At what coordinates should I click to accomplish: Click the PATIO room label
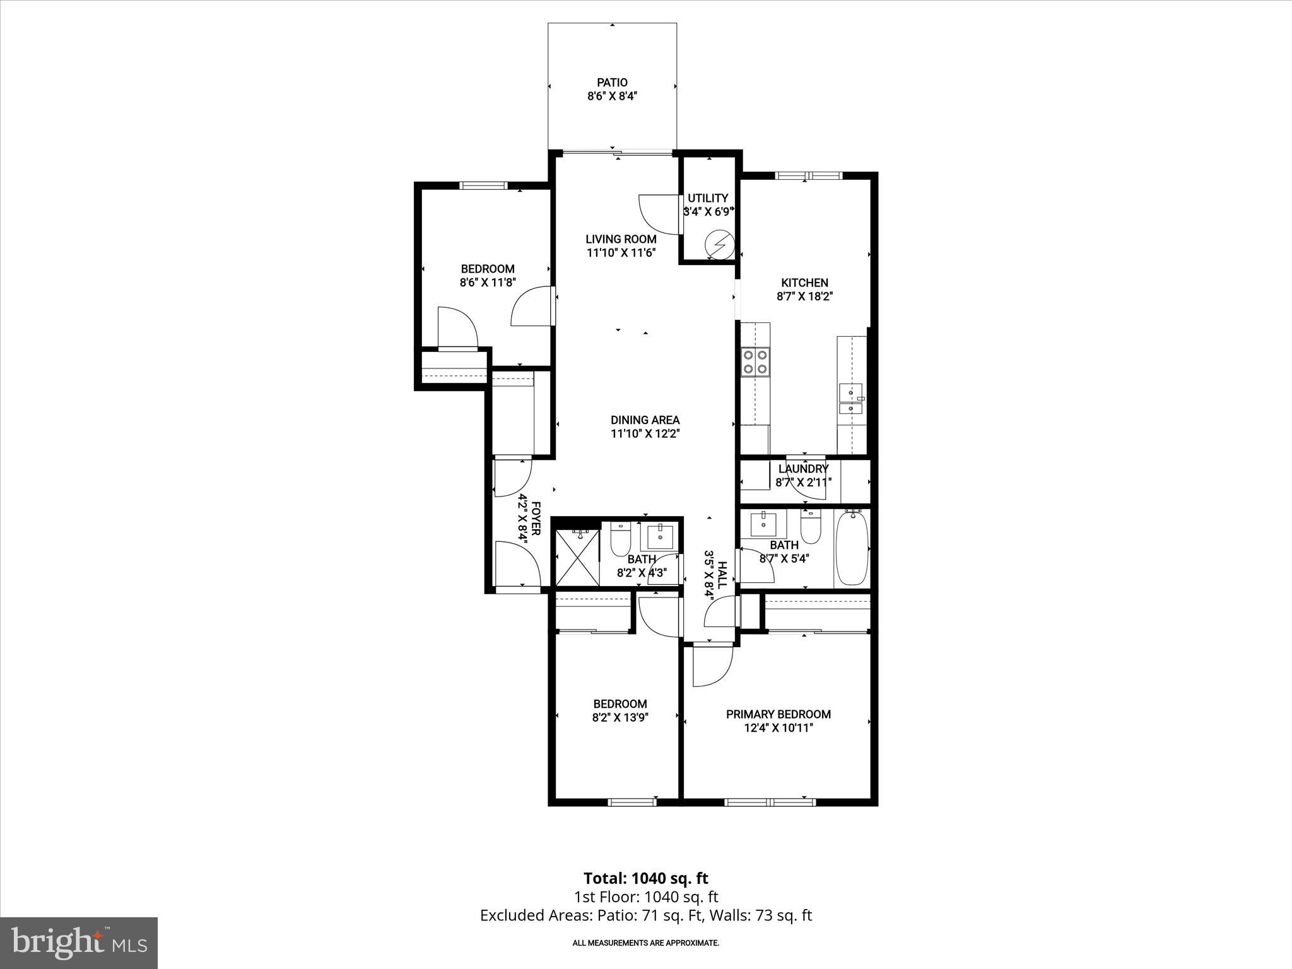click(612, 83)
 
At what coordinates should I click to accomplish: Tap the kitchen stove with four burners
click(755, 361)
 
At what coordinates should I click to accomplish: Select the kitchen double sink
click(851, 401)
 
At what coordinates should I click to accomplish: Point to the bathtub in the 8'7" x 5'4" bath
click(852, 549)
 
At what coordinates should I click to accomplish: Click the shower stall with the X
click(577, 558)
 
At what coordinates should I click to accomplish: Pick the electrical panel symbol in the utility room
click(719, 244)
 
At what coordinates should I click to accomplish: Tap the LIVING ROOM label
click(621, 239)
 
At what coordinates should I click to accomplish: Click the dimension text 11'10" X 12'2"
click(645, 434)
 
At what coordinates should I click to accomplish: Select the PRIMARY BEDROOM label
click(778, 714)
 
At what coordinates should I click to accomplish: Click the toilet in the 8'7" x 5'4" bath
click(810, 527)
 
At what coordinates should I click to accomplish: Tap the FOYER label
click(536, 519)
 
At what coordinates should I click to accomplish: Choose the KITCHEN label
click(804, 283)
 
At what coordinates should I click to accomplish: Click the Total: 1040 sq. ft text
click(645, 878)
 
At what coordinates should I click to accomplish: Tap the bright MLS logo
click(79, 943)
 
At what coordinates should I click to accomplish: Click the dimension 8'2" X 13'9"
click(620, 717)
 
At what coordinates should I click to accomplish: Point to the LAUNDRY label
click(802, 469)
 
